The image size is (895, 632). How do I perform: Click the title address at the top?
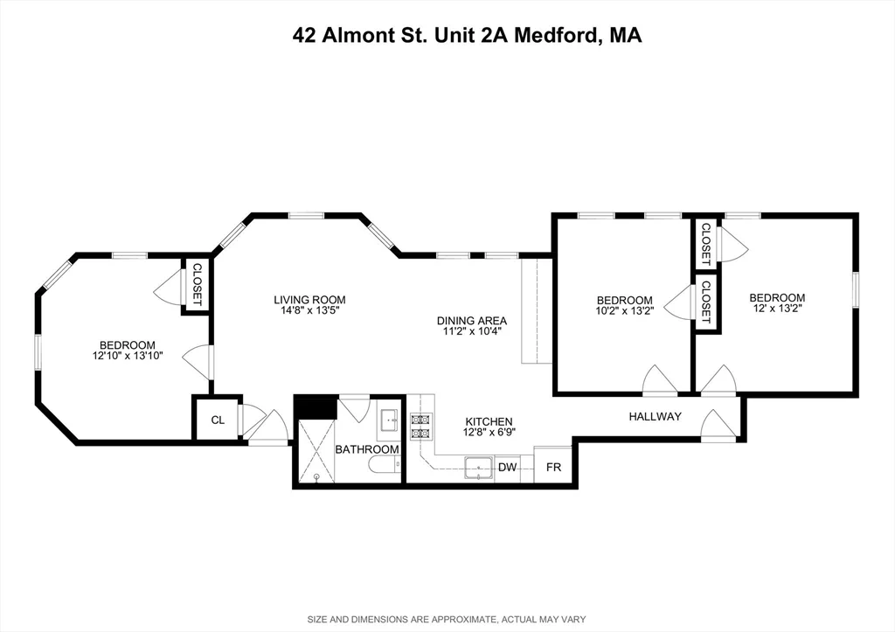coord(465,36)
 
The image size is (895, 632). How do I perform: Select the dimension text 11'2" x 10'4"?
coord(472,332)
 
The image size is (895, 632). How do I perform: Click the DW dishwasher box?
coord(508,468)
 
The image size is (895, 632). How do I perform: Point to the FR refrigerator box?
coord(553,468)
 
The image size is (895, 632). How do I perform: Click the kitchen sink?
coord(478,469)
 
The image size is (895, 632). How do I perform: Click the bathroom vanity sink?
coord(390,423)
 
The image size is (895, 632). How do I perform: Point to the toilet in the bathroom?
coord(383,466)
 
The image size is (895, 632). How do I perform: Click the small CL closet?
coord(217,420)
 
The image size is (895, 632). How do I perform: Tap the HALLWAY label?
coord(655,417)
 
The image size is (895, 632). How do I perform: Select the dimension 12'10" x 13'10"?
coord(127,357)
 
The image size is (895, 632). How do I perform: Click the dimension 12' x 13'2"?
coord(777,309)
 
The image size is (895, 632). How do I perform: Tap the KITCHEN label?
coord(489,421)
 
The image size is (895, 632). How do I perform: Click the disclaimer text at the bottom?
coord(447,620)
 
